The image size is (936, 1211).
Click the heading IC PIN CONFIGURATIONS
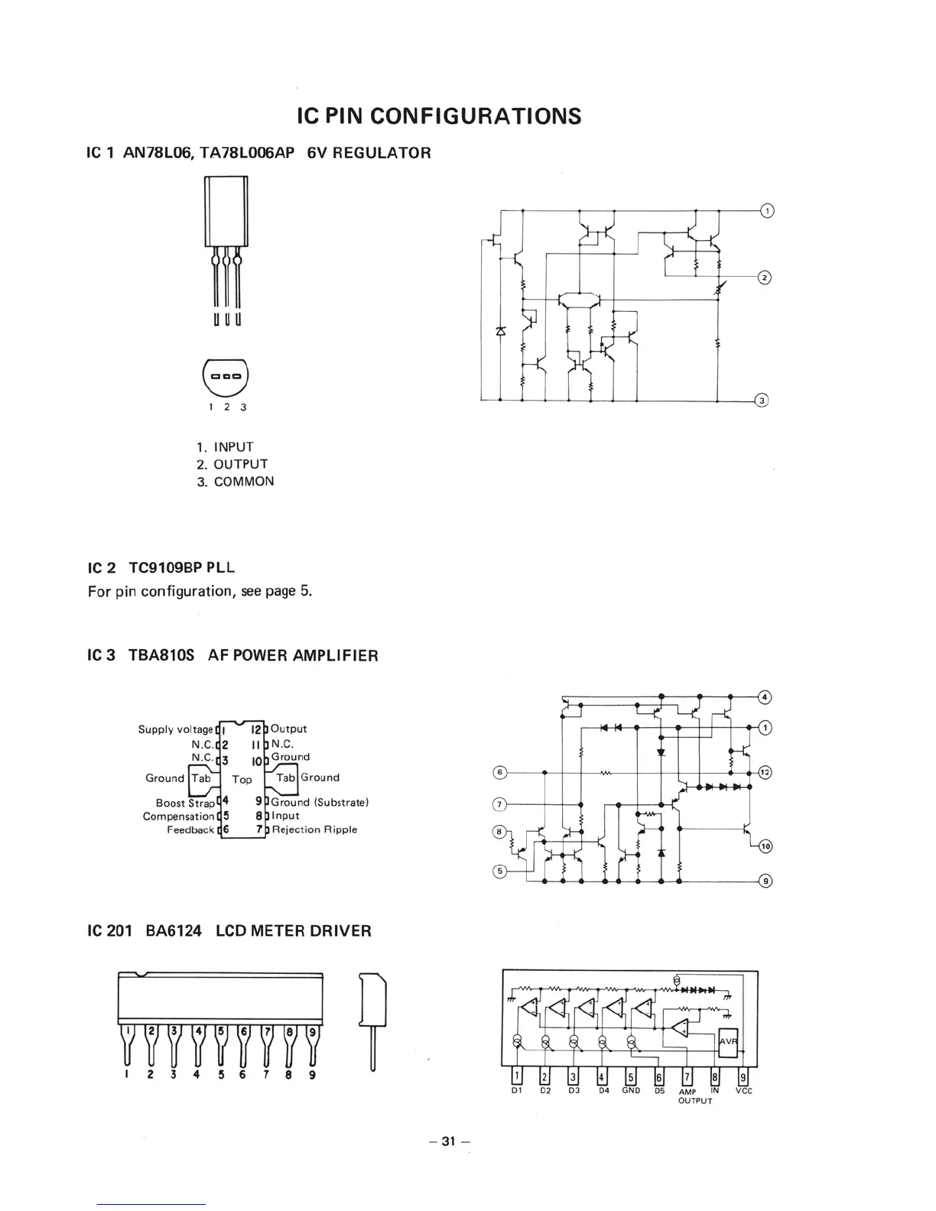click(x=439, y=116)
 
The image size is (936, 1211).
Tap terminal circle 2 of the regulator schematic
click(x=762, y=277)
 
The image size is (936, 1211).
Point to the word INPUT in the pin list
click(x=233, y=447)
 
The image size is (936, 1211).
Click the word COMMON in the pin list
click(x=244, y=482)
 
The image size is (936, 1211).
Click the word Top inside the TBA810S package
click(x=242, y=780)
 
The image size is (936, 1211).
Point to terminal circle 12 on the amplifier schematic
click(x=765, y=772)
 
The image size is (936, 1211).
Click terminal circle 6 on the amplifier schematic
click(x=499, y=772)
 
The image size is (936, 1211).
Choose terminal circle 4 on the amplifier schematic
click(x=765, y=696)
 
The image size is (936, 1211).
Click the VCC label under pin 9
click(x=743, y=1092)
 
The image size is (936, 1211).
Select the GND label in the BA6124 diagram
click(x=631, y=1092)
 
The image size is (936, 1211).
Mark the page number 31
click(x=449, y=1142)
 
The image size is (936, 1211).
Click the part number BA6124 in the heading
click(x=174, y=931)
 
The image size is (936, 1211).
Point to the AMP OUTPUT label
click(x=695, y=1096)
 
